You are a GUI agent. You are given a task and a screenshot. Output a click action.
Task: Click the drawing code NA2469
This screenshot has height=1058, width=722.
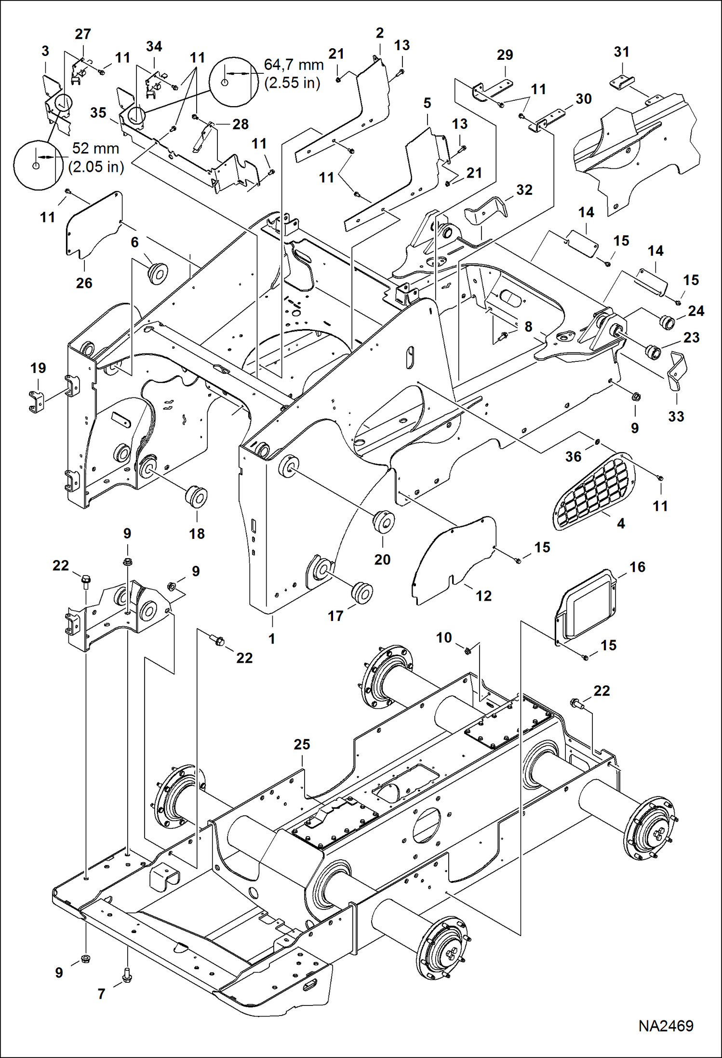[x=666, y=1026]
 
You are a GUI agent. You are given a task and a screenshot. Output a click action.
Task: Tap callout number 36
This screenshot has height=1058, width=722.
[x=573, y=456]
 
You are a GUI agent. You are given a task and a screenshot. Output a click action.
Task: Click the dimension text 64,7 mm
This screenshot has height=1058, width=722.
[x=294, y=65]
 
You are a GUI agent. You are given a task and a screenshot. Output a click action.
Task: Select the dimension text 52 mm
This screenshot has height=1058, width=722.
[x=95, y=148]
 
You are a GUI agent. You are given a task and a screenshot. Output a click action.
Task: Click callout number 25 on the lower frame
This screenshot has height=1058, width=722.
[x=302, y=744]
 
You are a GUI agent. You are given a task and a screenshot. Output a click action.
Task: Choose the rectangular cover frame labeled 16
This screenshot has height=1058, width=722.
[x=586, y=606]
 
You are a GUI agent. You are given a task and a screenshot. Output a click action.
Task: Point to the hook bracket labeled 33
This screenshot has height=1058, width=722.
[x=677, y=371]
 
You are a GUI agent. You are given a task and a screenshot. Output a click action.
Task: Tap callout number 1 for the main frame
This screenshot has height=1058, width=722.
[x=272, y=638]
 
